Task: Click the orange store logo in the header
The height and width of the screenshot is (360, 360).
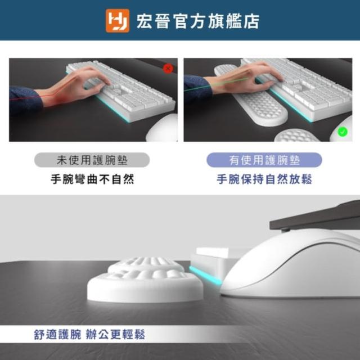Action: [x=118, y=21]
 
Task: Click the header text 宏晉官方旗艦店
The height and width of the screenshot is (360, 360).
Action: [x=198, y=21]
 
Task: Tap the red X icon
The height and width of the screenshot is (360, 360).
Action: [x=168, y=69]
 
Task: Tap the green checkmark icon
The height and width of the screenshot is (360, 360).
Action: [x=343, y=132]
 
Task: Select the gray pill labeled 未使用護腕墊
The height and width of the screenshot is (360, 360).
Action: [x=92, y=160]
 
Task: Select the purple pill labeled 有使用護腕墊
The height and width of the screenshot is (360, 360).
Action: [x=264, y=160]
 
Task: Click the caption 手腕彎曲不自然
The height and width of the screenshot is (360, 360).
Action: [x=92, y=179]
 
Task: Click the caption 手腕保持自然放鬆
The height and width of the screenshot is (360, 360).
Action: [x=264, y=179]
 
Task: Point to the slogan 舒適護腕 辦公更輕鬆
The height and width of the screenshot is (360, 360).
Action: [x=89, y=334]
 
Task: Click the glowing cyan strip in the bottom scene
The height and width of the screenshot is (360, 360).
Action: [x=205, y=276]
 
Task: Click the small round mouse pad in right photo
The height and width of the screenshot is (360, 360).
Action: [x=296, y=136]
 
